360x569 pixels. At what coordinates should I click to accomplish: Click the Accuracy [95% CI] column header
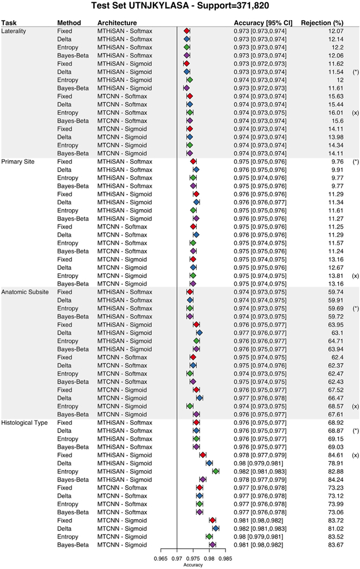tap(262, 23)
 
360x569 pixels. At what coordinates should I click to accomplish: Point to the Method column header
tap(69, 23)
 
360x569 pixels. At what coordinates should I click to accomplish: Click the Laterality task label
tap(15, 31)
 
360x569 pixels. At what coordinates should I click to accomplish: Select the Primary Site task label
tap(19, 161)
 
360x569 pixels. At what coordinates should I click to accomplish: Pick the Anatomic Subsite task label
tap(25, 292)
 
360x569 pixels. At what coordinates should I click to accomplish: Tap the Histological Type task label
tap(26, 422)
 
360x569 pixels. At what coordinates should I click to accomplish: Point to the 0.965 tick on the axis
tap(161, 557)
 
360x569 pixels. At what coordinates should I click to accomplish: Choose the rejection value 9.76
tap(337, 161)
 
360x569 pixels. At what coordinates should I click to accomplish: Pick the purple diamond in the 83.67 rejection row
tap(213, 545)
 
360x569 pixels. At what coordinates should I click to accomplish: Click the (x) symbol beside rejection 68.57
tap(355, 406)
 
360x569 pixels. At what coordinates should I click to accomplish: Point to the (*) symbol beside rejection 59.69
tap(355, 308)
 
